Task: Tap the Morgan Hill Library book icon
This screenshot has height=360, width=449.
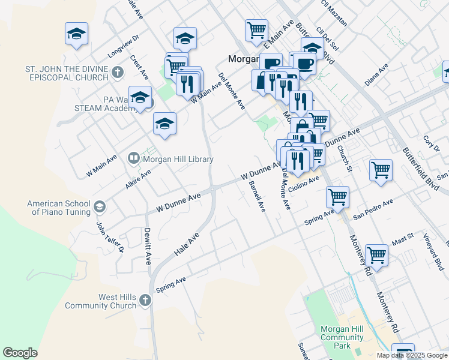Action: click(x=133, y=159)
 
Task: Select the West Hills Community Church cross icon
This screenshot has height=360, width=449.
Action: click(x=145, y=300)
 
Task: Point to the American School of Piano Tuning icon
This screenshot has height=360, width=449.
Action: click(x=99, y=208)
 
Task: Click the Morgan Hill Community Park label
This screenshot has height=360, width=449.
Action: click(x=342, y=338)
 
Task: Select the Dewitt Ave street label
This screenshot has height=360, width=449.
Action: click(x=146, y=246)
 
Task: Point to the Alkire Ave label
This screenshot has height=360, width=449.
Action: click(x=137, y=179)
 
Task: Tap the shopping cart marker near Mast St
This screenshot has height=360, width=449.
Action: click(x=377, y=255)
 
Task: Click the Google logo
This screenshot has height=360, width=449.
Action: click(x=20, y=353)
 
